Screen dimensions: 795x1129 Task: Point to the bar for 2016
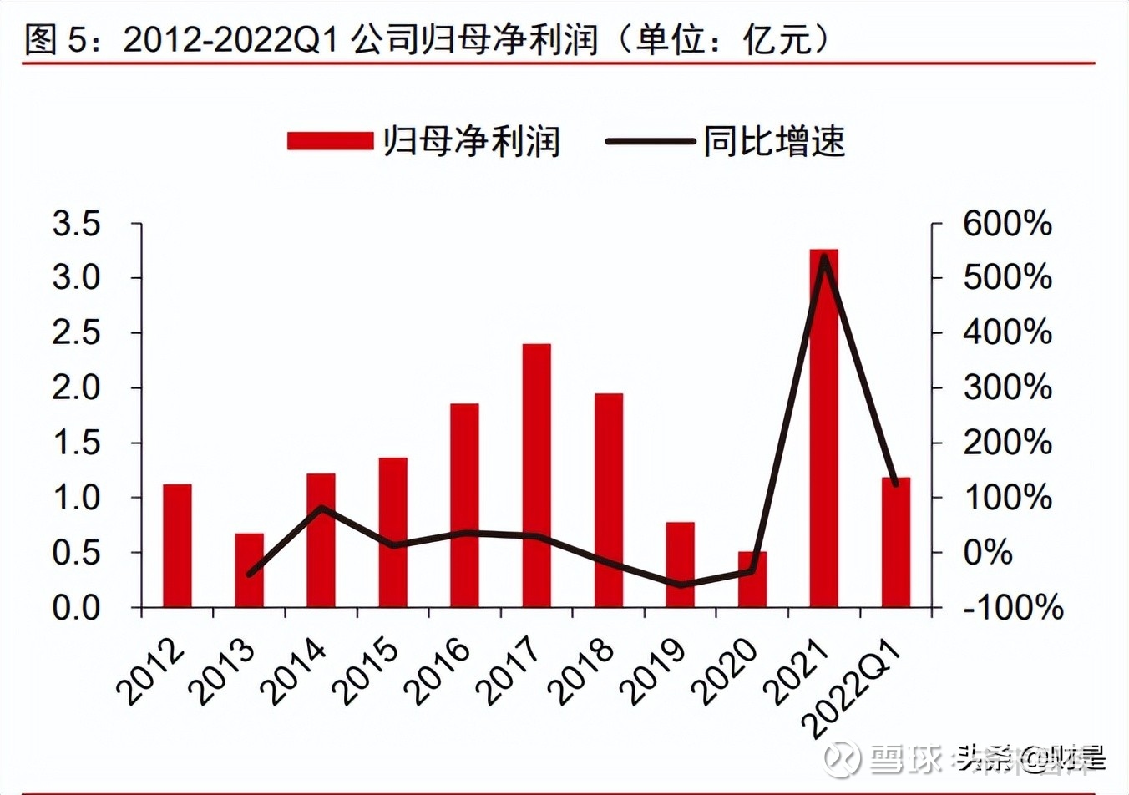[x=464, y=504]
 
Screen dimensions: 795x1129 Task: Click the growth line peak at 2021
[x=823, y=257]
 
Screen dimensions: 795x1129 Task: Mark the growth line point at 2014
[x=321, y=508]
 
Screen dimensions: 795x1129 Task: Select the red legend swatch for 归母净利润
[x=329, y=141]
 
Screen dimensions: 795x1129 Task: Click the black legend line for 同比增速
[x=650, y=141]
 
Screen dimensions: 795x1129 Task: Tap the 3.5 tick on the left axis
[x=76, y=224]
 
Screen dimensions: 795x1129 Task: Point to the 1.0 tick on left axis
[x=76, y=498]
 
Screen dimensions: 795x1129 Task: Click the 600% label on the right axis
[x=1006, y=224]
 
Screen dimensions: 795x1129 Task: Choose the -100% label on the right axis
[x=1012, y=607]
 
